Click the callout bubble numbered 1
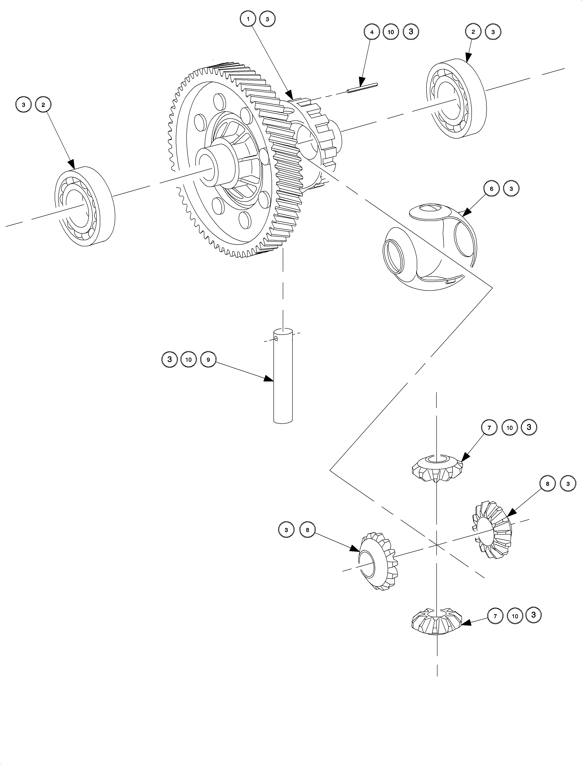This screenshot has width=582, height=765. pos(248,19)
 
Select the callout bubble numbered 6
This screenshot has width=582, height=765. pos(491,189)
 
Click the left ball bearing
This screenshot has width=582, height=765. pos(85,206)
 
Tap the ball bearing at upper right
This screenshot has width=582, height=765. pos(456,99)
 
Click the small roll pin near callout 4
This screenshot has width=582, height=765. pos(362,88)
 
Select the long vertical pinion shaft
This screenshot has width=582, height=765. pos(283,375)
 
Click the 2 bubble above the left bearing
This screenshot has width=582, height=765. pos(43,105)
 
